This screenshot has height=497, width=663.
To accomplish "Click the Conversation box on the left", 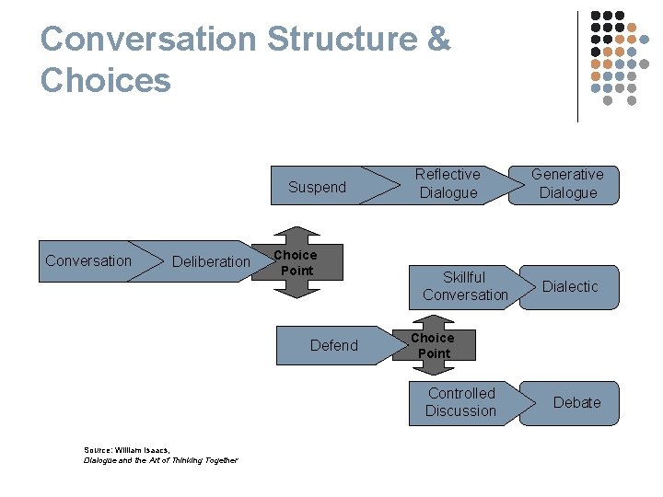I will point(88,260).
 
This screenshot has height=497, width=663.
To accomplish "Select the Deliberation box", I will point(211,261).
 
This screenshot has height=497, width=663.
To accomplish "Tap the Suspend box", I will point(317,187).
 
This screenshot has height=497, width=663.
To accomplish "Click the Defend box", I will point(333,345).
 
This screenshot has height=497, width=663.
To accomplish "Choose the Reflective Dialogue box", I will point(448,183).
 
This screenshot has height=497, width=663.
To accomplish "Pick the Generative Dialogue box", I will point(568,183).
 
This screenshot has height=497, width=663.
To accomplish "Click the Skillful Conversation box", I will point(465,286).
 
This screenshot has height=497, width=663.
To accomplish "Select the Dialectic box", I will point(570,286).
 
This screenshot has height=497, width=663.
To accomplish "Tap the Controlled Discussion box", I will point(460,402).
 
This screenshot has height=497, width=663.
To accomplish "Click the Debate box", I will point(576,402).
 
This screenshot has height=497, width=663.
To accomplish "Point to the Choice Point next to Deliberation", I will point(297,262).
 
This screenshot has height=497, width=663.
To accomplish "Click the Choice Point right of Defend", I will point(434,346).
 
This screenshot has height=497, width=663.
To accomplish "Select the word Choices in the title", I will point(106,80).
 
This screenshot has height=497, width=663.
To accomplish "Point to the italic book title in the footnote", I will point(160,460).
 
